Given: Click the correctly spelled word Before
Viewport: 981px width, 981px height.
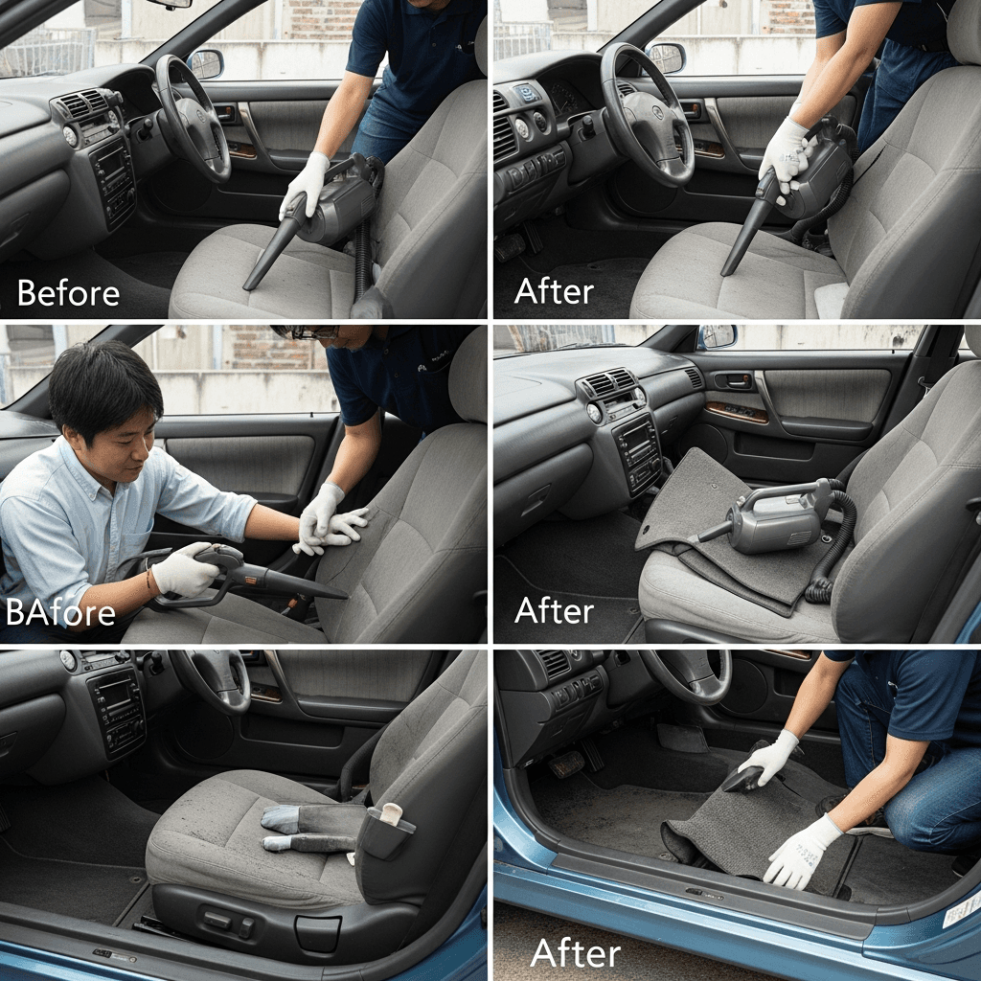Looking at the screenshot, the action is (68, 293).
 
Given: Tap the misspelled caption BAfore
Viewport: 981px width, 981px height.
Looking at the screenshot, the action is (60, 612).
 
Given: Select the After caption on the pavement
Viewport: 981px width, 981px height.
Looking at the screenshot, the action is (576, 953).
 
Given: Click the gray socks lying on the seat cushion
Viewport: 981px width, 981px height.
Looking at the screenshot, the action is (300, 827).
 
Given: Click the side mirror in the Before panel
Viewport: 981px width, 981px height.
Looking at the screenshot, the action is (206, 64).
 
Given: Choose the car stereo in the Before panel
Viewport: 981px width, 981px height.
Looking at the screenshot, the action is (113, 181).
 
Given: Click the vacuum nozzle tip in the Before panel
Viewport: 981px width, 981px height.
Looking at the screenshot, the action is (247, 286).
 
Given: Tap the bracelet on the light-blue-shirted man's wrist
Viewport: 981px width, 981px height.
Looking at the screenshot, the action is (148, 580).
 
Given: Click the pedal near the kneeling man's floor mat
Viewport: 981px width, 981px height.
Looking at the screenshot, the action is (566, 764).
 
